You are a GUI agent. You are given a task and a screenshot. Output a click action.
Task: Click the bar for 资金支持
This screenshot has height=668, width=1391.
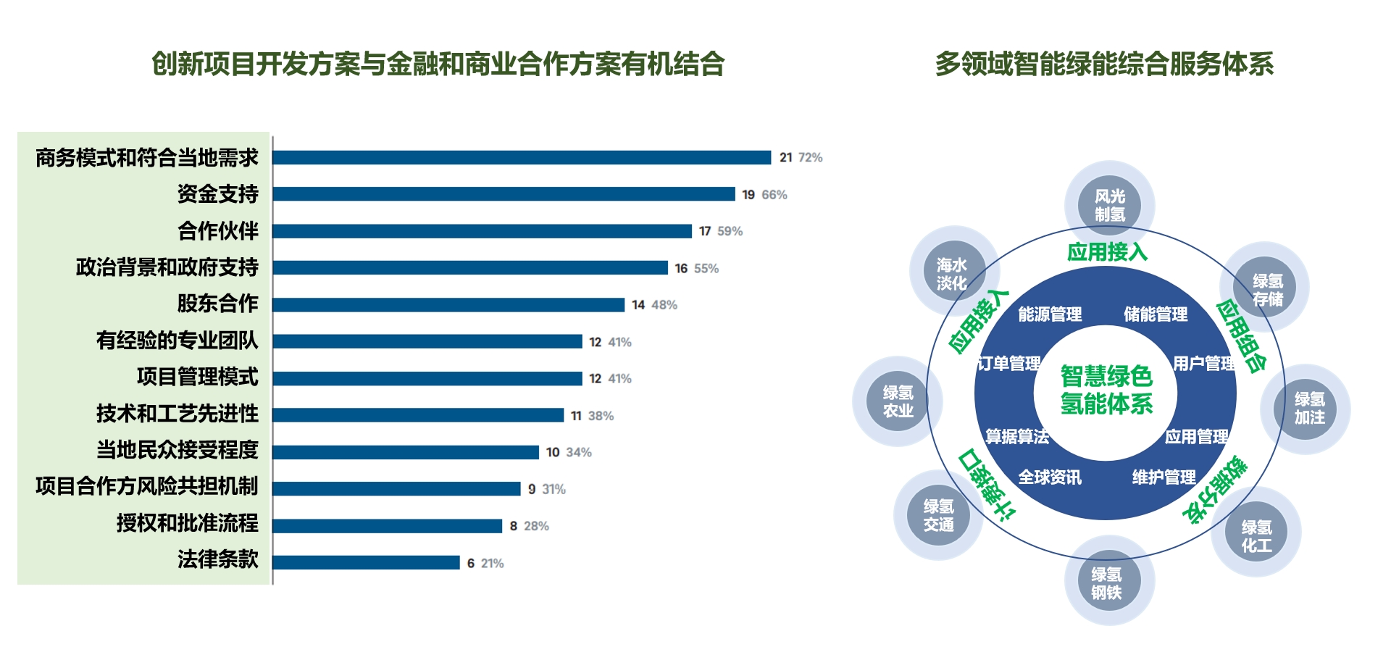coord(504,194)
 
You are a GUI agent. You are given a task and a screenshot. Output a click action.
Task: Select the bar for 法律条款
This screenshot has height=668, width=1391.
coord(366,563)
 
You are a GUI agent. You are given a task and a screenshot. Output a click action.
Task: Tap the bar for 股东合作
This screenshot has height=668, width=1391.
coord(448,305)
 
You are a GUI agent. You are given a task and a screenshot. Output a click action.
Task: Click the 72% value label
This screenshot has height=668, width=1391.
coord(810,158)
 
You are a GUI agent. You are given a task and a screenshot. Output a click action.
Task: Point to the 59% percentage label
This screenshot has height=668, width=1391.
coord(730,231)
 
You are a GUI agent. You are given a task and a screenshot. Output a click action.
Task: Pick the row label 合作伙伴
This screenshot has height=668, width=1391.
coord(217,231)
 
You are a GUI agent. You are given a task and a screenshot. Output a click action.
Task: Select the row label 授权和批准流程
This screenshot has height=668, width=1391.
coord(187,523)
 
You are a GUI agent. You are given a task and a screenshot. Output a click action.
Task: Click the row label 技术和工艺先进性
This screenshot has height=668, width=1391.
coord(177,414)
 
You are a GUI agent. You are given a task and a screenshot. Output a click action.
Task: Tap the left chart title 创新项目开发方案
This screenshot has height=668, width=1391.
coord(438,64)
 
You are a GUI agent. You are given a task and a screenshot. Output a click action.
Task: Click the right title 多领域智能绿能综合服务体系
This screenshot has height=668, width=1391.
coord(1104,64)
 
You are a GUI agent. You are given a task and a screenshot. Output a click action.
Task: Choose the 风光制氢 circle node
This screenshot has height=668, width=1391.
coord(1109,206)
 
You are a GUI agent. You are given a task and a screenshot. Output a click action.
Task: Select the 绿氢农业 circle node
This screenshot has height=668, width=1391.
coord(898,401)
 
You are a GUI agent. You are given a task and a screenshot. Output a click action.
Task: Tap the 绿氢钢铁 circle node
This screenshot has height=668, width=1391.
coord(1106,583)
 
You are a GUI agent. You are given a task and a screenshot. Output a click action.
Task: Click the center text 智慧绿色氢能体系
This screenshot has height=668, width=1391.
coord(1106,391)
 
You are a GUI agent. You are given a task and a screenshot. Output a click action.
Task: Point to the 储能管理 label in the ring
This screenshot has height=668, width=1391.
coord(1155,314)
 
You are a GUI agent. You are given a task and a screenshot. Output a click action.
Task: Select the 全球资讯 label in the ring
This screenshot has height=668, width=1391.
coord(1050,477)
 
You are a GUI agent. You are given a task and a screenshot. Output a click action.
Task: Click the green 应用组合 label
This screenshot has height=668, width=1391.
coord(1241,335)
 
